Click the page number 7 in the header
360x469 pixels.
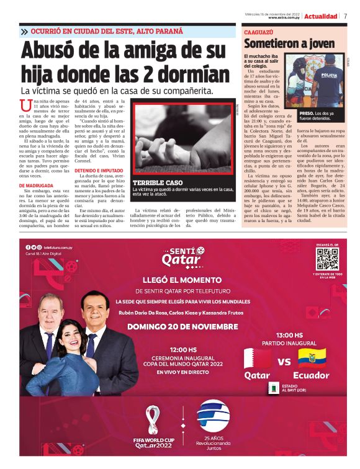[x=345, y=16]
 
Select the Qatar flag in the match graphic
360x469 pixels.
[x=257, y=359]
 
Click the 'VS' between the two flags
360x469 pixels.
[x=284, y=362]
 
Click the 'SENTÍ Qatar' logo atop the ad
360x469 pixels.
[x=179, y=255]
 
